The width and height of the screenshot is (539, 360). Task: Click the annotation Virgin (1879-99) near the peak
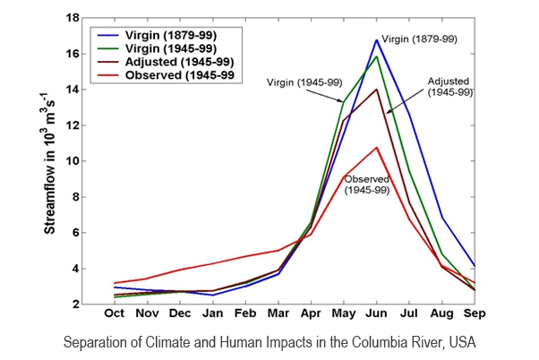(x=421, y=39)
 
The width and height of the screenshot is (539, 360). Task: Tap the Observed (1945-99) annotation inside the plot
(x=367, y=185)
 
